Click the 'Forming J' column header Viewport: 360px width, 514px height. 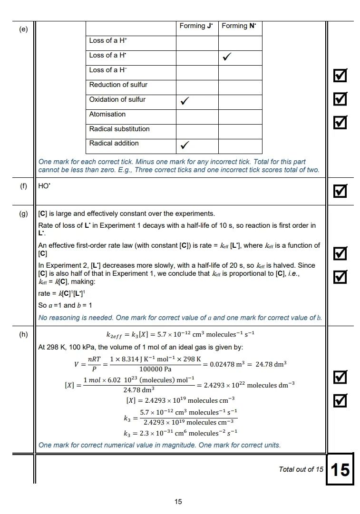196,26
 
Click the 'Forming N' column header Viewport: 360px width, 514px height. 239,26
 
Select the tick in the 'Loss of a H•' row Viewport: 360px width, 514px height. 227,58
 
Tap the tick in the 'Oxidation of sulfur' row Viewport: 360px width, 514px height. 185,101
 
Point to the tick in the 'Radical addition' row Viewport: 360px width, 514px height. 185,145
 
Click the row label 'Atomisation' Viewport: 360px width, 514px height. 107,114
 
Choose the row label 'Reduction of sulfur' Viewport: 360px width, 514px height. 118,85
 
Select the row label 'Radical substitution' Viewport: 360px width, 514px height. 119,129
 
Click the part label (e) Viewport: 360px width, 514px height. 23,29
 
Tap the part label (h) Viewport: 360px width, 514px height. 23,334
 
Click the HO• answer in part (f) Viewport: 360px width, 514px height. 44,186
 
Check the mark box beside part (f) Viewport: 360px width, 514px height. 340,191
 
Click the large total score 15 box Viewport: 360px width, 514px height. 340,470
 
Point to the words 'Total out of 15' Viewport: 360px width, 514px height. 301,470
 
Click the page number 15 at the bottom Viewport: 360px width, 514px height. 178,501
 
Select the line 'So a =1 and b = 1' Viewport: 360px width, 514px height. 65,305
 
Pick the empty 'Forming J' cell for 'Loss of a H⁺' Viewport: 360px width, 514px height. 197,43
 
